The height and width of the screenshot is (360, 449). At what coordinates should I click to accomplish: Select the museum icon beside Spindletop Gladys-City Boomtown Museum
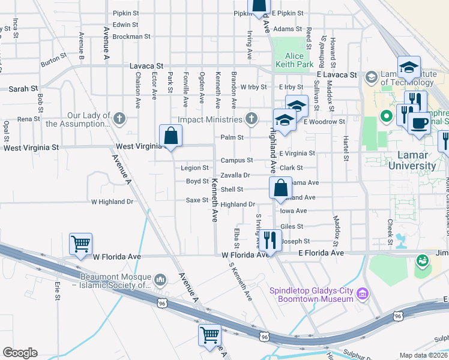(362, 293)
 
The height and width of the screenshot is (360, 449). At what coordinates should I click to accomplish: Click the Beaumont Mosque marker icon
(160, 280)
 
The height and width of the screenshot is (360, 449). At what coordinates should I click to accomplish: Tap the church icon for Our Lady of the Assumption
(119, 119)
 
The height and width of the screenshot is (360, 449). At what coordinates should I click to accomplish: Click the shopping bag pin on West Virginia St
(171, 136)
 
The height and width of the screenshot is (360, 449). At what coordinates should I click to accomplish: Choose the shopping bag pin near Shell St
(281, 188)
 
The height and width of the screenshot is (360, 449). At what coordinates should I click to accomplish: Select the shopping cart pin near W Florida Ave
(80, 244)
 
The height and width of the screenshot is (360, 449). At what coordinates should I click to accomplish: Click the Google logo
(20, 353)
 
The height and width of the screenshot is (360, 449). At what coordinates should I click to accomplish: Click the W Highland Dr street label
(112, 202)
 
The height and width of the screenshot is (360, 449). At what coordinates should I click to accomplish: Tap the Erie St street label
(57, 291)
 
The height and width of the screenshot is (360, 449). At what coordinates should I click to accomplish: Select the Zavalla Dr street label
(235, 175)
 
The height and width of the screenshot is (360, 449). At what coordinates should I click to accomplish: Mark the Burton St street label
(53, 61)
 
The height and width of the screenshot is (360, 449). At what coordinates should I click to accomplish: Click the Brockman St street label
(131, 36)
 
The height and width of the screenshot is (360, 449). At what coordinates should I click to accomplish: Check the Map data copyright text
(424, 355)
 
